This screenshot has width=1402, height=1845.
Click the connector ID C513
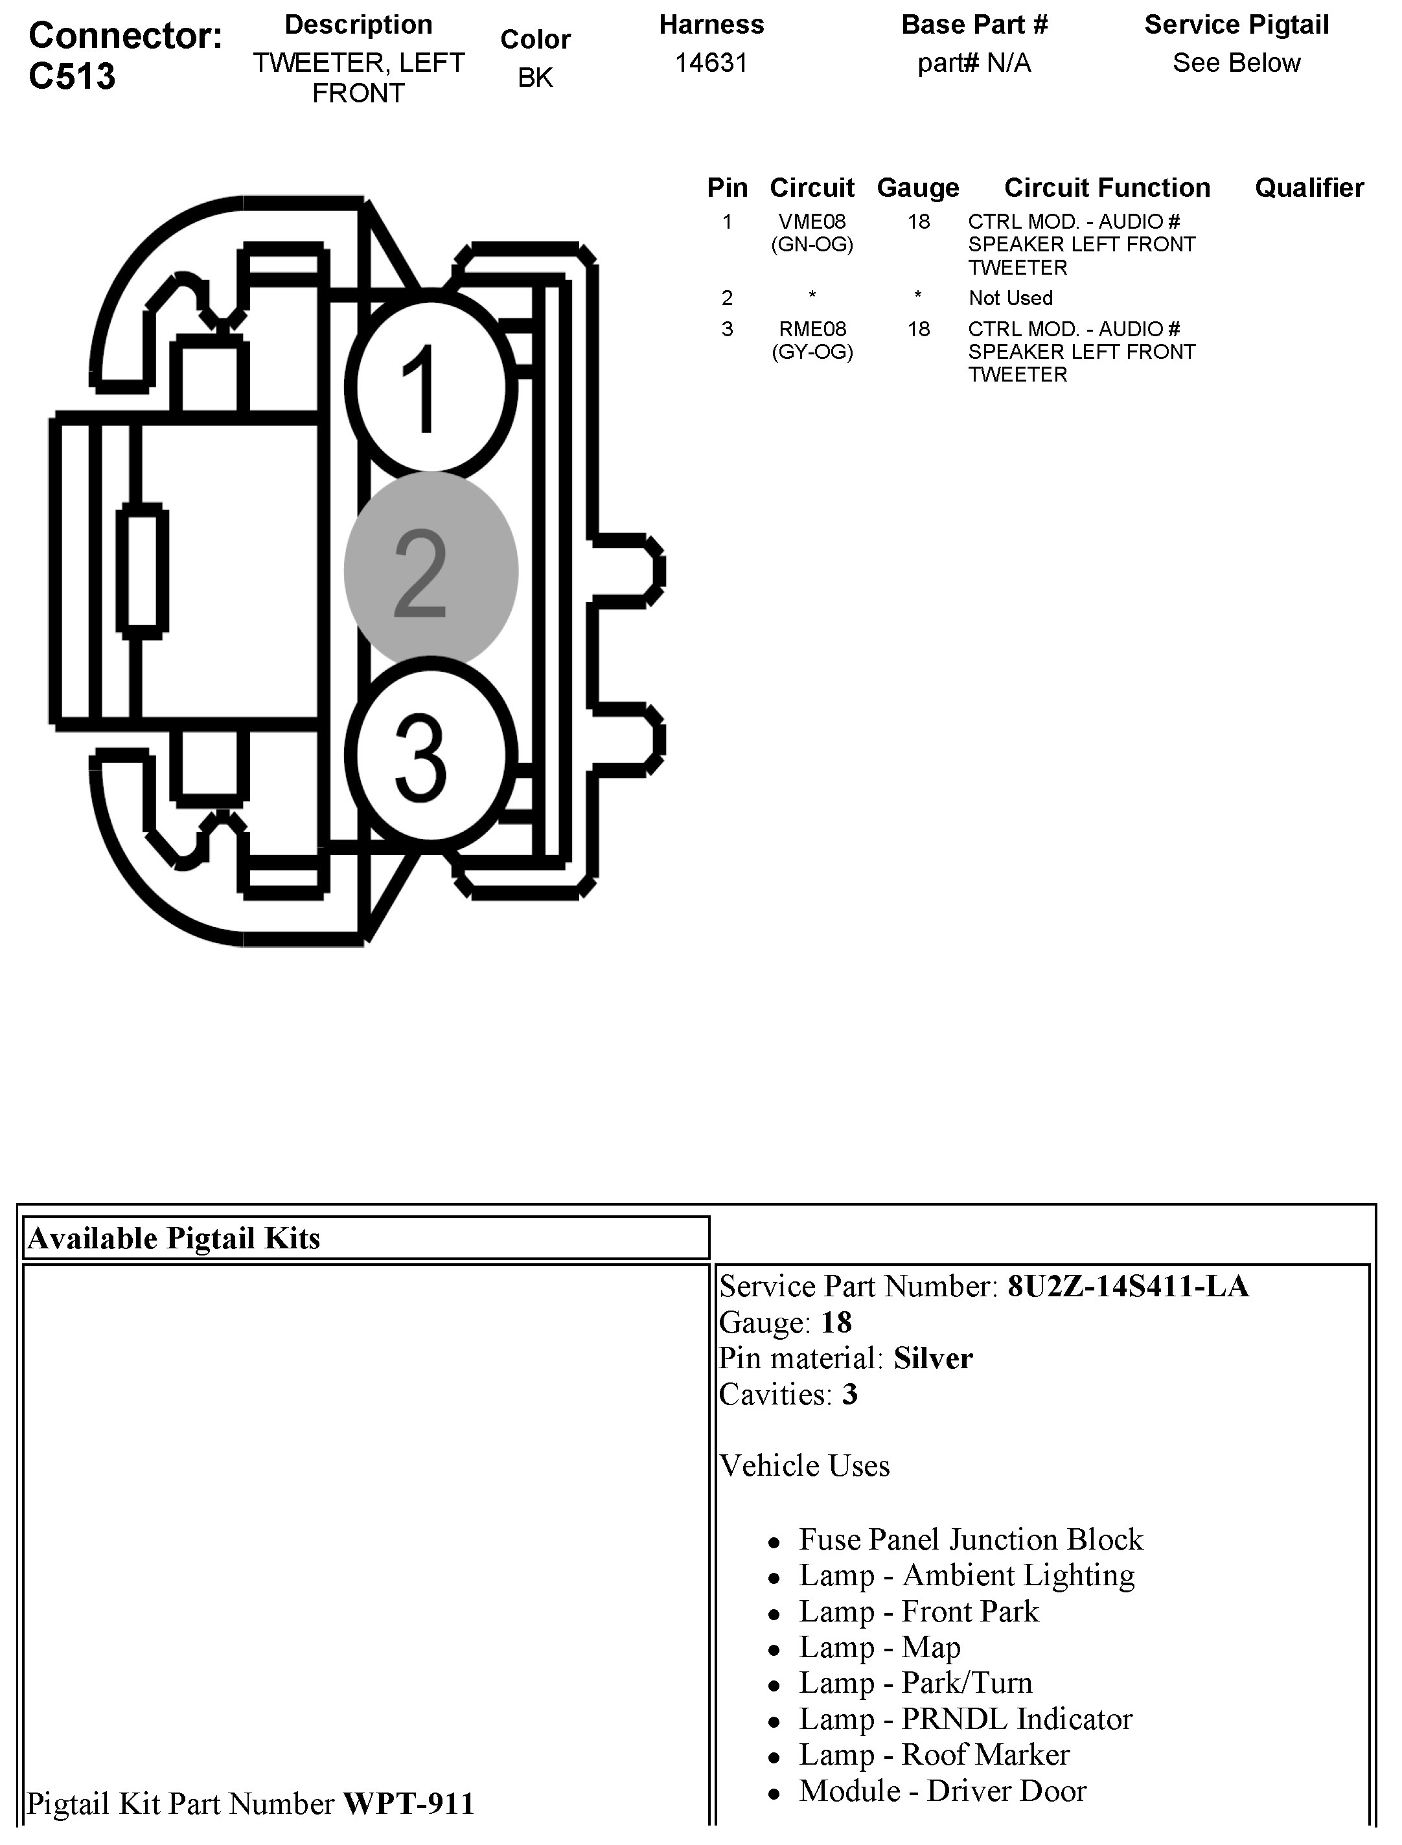(72, 76)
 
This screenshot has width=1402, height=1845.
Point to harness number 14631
(711, 63)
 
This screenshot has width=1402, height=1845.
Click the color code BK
(535, 78)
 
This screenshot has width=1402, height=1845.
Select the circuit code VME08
(812, 222)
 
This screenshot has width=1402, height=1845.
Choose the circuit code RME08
(812, 329)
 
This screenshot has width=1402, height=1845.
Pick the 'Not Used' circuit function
(1011, 298)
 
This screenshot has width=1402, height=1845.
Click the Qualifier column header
(1309, 188)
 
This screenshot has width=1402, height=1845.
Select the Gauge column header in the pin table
(918, 188)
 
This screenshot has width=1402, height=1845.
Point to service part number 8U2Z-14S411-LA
(1127, 1286)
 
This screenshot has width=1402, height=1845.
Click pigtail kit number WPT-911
(408, 1804)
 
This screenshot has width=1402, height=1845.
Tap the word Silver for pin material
(933, 1358)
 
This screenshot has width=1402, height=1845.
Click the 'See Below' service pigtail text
(1236, 63)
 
